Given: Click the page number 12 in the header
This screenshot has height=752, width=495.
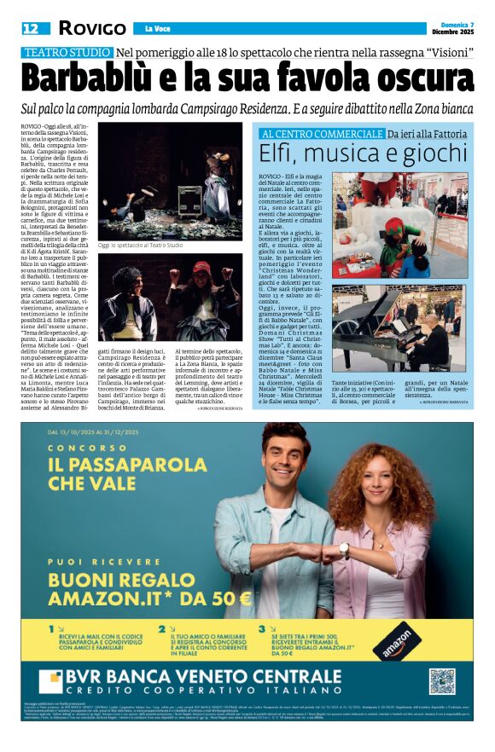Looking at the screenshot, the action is point(31,28).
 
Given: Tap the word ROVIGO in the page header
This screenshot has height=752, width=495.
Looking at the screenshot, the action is point(92,28).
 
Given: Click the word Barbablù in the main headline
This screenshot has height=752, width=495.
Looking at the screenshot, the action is point(95,80).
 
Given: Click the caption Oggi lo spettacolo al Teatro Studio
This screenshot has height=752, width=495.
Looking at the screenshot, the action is point(140,246).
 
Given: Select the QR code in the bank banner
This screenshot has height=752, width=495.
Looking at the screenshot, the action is point(441,681).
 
